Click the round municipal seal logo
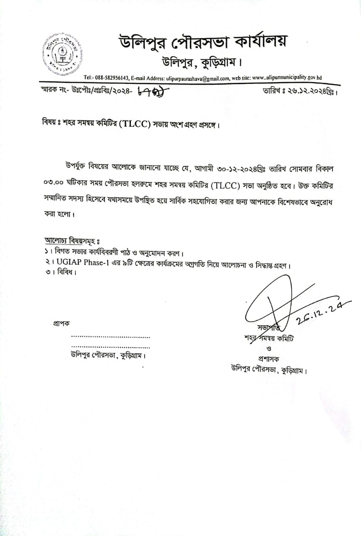[62, 54]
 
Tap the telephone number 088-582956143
[112, 77]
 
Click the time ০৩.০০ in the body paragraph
[55, 183]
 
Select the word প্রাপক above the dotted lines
[62, 324]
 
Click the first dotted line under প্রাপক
[110, 337]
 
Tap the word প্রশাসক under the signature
[268, 358]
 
